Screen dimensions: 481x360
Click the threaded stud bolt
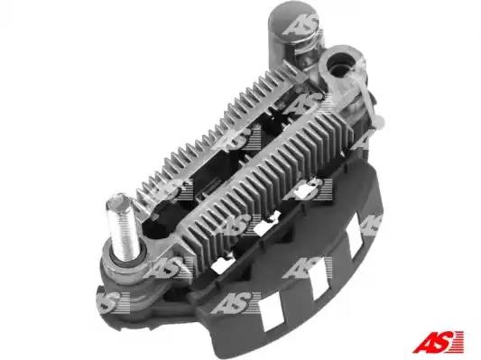(121, 227)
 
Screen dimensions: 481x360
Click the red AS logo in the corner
(438, 342)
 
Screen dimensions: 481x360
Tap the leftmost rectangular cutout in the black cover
(272, 313)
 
